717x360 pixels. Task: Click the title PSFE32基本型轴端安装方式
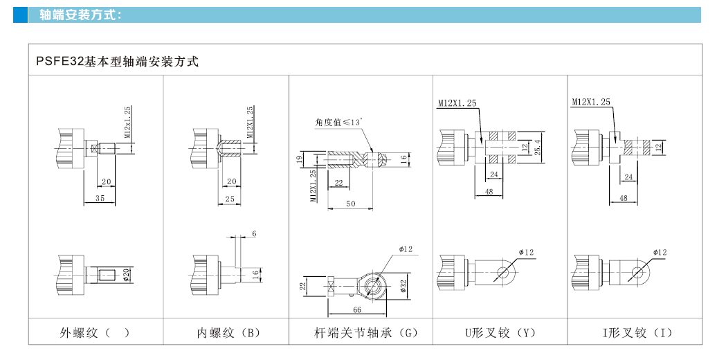(117, 62)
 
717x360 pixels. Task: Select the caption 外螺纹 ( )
(96, 333)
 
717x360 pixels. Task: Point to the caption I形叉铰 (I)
(637, 333)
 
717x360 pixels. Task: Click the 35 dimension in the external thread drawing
(100, 198)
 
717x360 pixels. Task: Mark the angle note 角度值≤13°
(339, 123)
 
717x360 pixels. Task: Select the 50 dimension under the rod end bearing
(352, 203)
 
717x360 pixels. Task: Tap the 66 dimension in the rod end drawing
(358, 309)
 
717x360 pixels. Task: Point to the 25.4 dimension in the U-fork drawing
(538, 147)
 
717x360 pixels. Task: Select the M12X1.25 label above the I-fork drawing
(591, 102)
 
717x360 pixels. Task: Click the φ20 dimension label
(127, 275)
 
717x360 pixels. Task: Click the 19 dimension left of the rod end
(300, 160)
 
